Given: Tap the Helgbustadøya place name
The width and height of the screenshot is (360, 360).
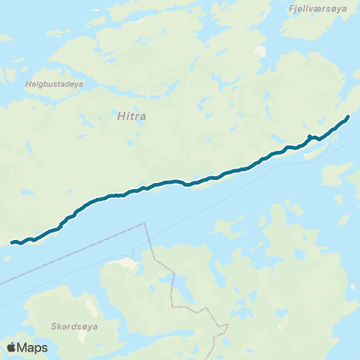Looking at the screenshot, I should pos(54,85).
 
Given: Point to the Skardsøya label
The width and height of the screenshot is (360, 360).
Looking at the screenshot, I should pos(75,327).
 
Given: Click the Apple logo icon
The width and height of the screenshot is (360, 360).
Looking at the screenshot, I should pos(11,348).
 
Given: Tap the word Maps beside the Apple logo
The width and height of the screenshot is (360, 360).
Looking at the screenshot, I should pos(32,348).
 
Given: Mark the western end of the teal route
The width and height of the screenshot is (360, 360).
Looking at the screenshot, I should pos(12,242).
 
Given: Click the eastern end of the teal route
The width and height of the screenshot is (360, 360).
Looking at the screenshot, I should pos(348,116).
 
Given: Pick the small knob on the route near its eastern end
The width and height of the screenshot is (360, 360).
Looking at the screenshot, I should pos(309,136).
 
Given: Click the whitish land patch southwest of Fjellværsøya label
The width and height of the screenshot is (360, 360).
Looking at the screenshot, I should pos(260,52).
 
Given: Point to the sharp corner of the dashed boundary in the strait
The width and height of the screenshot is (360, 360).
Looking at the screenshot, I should pos(142,223).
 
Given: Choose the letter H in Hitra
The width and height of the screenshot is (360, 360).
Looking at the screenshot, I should pos(119,117).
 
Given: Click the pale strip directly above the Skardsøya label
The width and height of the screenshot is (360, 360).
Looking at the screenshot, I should pos(92,307).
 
